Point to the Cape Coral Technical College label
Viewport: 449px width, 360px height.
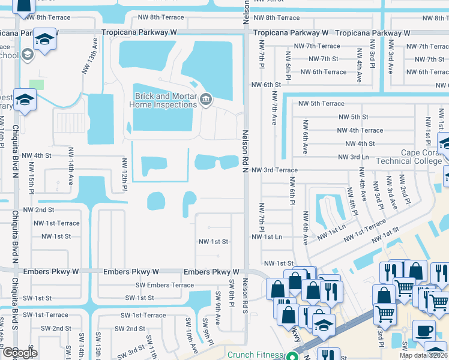click(413, 157)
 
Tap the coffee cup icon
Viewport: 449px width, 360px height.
click(424, 331)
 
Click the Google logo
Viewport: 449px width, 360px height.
click(20, 353)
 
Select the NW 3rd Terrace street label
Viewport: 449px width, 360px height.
click(274, 170)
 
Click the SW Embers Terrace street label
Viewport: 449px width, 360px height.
click(164, 285)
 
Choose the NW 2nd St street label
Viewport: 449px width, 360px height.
click(38, 210)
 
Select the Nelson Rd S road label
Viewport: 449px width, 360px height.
click(245, 294)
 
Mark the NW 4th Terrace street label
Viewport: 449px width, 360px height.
click(360, 130)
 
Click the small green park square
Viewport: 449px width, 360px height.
click(37, 85)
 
